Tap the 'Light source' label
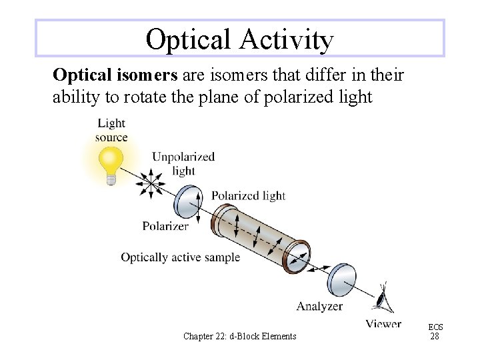tap(111, 130)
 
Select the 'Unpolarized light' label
tap(183, 163)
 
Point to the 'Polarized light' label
tap(248, 195)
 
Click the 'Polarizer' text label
tap(165, 226)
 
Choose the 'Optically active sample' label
tap(180, 257)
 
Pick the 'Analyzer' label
tap(319, 307)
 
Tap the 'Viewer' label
tap(383, 324)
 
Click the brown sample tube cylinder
tap(260, 237)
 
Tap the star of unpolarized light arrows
tap(153, 182)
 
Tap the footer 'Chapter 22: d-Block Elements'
tap(239, 336)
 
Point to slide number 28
tap(435, 337)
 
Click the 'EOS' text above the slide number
tap(435, 327)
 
